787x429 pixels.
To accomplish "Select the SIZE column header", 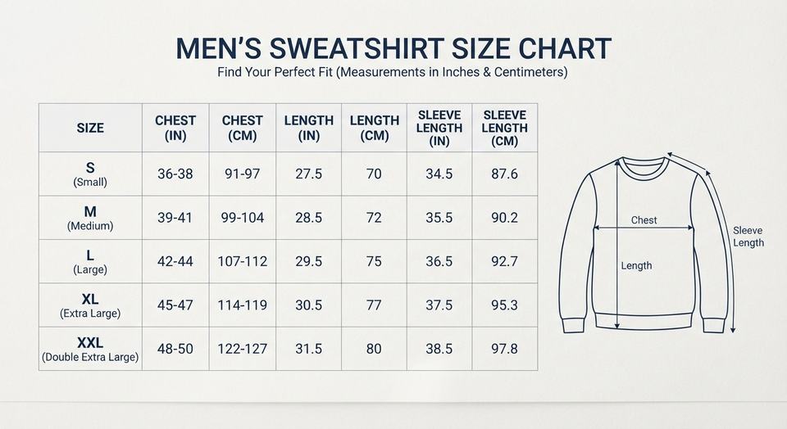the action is (x=90, y=129).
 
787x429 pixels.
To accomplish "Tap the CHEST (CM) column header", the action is (x=243, y=129).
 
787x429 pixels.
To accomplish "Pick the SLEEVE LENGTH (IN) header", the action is (x=439, y=129).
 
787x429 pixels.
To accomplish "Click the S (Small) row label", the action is (x=90, y=174).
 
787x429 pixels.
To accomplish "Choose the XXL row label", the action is (x=90, y=350).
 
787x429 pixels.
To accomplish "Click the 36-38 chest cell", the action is (x=175, y=174).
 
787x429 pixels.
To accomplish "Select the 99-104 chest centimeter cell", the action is (x=243, y=218).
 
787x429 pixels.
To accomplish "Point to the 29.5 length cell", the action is (x=309, y=262).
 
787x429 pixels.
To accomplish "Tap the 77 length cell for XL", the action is (x=374, y=305).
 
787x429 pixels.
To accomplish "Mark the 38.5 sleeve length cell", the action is (x=439, y=349).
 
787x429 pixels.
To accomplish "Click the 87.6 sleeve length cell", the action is (x=504, y=174).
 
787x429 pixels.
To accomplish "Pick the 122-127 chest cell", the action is (x=243, y=349).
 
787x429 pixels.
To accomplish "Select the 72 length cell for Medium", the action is (x=374, y=218).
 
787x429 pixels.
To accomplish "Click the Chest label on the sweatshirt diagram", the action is (x=644, y=220).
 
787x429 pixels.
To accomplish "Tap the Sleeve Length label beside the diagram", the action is (x=748, y=237).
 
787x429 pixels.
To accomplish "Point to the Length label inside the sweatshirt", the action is (x=636, y=265).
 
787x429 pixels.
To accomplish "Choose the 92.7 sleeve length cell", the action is (x=504, y=262).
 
